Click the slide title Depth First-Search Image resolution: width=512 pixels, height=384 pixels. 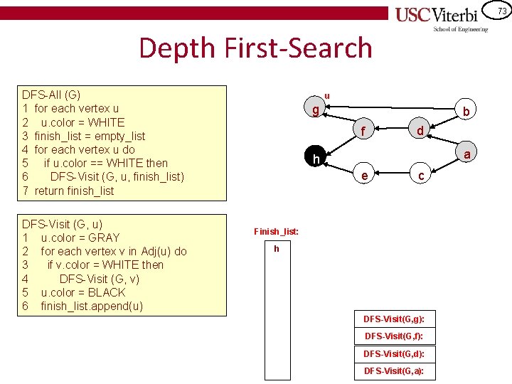point(255,48)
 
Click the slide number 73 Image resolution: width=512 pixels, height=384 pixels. point(502,11)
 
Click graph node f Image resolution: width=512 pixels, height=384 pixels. point(363,131)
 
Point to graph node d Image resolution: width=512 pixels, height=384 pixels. point(420,131)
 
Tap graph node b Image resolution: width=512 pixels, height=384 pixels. point(466,112)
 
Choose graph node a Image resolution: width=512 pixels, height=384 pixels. point(466,154)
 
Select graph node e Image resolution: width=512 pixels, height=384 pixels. point(364,176)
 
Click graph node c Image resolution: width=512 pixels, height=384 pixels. point(421,176)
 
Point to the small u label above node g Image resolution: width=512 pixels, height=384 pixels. point(327,95)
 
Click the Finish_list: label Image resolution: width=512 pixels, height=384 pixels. point(276,232)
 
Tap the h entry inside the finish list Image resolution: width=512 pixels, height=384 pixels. point(277,249)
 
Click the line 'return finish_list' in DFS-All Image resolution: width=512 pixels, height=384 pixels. point(73,191)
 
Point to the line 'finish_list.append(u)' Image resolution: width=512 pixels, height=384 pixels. point(92,306)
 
